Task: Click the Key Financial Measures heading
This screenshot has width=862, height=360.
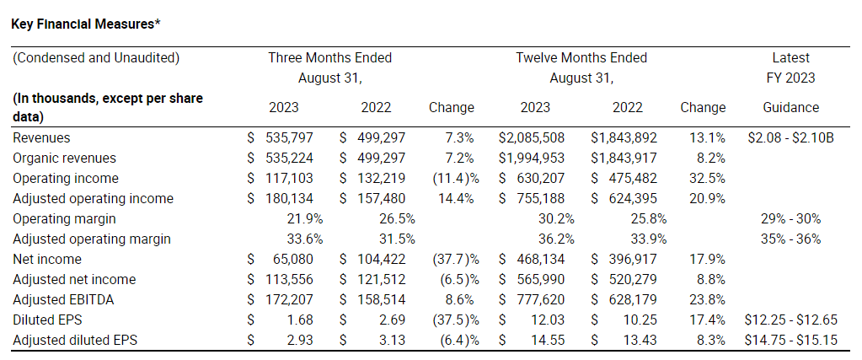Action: [x=85, y=23]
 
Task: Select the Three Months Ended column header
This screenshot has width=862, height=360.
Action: [x=329, y=58]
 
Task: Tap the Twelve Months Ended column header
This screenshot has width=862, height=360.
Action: [x=581, y=58]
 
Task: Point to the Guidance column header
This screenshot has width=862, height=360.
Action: [x=790, y=107]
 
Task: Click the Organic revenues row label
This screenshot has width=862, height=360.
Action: [x=65, y=158]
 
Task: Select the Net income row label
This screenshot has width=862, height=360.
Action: [x=49, y=259]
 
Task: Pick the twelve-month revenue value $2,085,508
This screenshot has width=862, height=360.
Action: [x=532, y=137]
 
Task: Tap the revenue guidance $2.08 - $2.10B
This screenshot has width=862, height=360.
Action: [x=790, y=137]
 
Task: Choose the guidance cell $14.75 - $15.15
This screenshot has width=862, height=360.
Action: [x=790, y=340]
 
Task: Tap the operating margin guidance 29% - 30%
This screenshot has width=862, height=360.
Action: [x=790, y=218]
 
